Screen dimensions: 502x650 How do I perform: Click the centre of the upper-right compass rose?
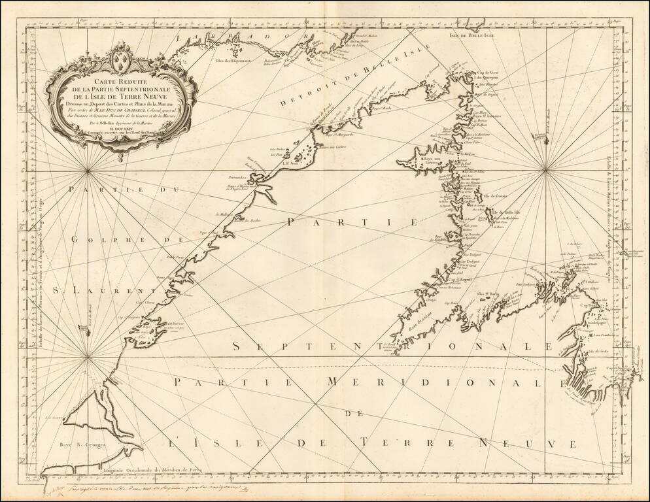(545, 171)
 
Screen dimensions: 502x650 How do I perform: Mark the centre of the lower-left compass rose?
(88, 357)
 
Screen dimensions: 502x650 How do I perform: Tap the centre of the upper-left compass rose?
(88, 171)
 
